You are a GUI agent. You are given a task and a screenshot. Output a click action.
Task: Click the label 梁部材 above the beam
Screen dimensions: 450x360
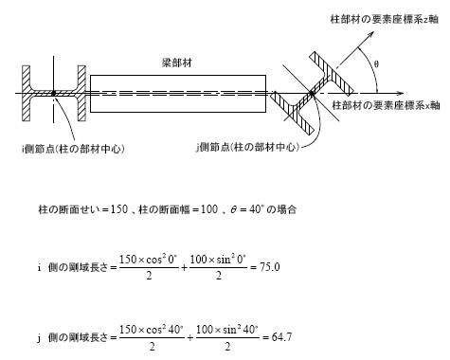pos(177,63)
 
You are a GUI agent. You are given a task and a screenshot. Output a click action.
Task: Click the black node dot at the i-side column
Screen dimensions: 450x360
pos(54,93)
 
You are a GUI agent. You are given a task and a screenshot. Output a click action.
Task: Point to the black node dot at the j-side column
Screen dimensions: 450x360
pos(312,93)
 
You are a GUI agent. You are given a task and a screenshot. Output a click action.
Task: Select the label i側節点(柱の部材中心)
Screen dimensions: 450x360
pos(73,149)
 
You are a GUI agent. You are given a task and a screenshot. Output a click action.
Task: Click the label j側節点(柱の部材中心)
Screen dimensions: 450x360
pos(247,148)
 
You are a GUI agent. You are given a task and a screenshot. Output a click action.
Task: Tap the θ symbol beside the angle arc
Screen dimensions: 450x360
pos(376,64)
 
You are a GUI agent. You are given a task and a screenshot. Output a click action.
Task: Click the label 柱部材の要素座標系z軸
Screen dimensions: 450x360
pos(385,19)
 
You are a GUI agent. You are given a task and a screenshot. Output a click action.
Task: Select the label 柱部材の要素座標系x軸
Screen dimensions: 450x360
pos(386,105)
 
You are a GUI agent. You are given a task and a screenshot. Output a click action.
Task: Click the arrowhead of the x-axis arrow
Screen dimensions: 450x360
pos(401,94)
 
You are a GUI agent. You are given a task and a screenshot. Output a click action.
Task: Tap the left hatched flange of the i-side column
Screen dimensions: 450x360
pos(27,93)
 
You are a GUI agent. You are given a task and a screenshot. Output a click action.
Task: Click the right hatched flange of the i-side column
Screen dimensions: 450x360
pos(81,93)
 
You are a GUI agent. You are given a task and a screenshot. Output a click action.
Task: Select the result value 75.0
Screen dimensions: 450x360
pos(270,267)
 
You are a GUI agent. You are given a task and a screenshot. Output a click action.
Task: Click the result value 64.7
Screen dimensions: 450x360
pos(281,337)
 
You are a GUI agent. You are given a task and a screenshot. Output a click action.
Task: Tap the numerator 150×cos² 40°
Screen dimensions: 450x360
pos(152,330)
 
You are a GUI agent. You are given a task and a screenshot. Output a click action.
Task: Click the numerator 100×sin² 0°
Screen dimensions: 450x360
pos(218,260)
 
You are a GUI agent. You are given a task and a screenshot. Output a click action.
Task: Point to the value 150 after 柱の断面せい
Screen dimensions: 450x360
pos(119,209)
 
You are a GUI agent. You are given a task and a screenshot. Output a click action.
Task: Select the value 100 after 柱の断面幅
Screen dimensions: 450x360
pos(209,209)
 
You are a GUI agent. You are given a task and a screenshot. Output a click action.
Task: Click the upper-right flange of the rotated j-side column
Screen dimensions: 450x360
pos(332,74)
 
